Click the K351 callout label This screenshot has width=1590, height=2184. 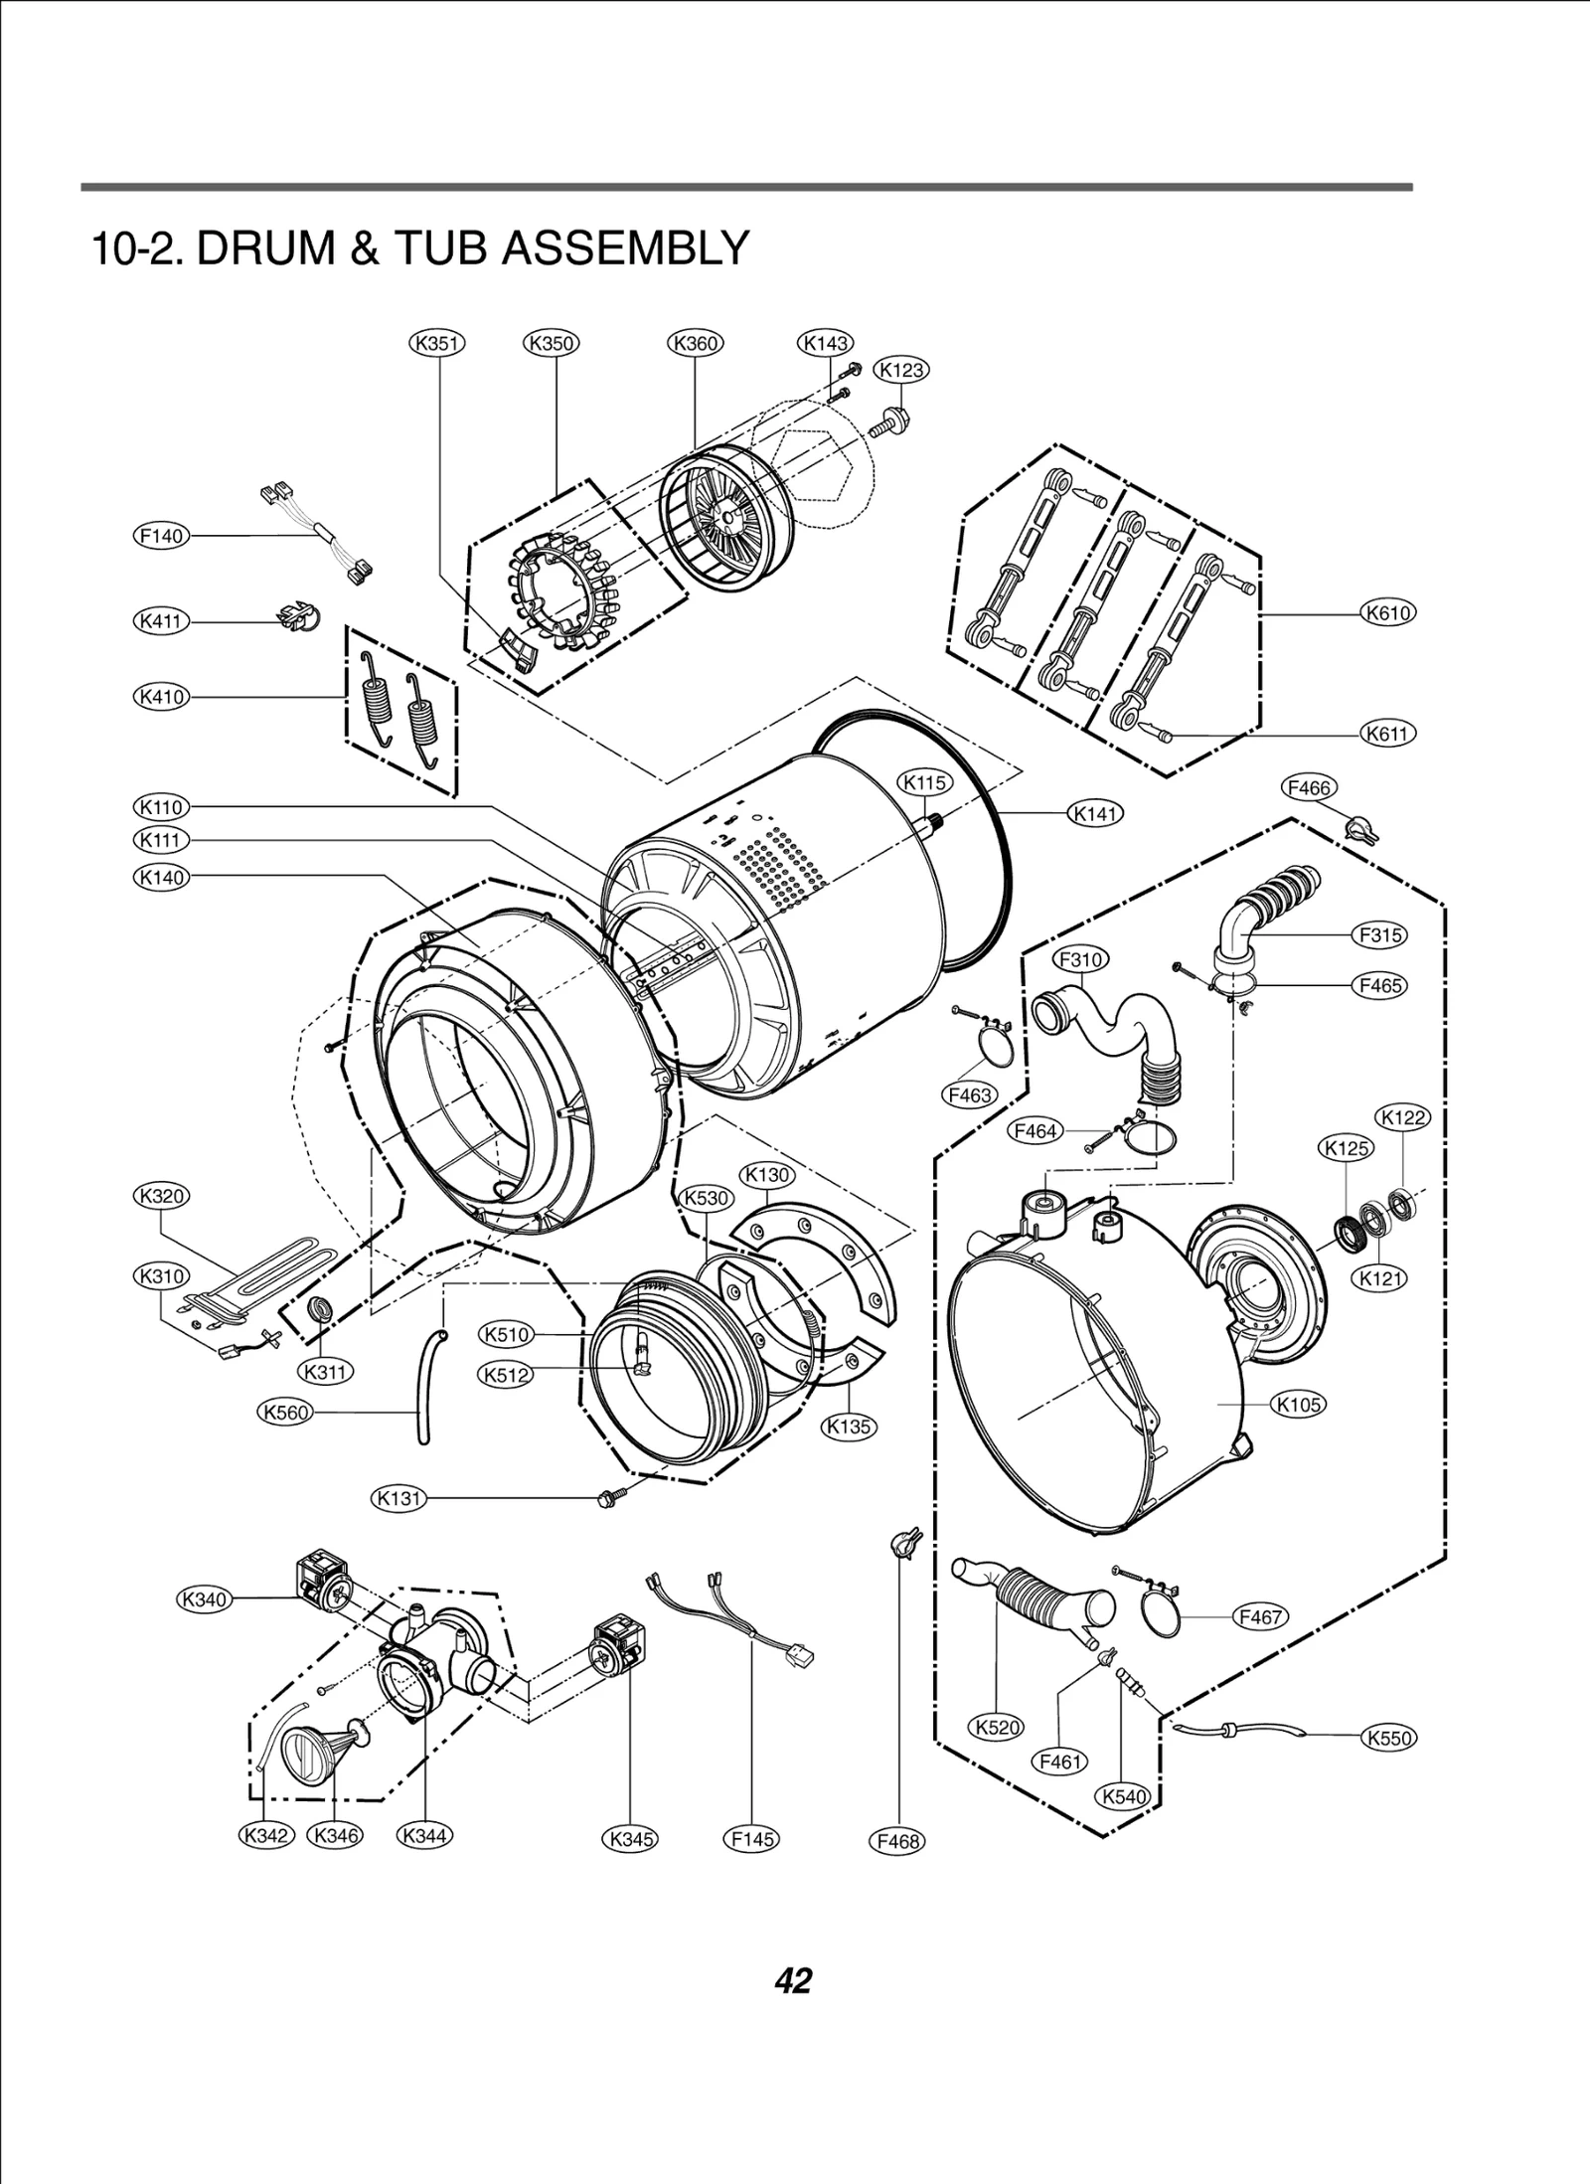437,344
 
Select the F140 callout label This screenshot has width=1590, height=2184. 161,536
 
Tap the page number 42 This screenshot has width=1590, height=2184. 793,1979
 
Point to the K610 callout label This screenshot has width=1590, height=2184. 1387,613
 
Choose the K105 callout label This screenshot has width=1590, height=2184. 1298,1405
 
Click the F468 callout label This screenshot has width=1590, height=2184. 898,1841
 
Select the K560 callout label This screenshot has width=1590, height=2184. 285,1412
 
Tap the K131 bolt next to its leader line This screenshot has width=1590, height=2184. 608,1497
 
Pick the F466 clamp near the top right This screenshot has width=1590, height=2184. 1359,828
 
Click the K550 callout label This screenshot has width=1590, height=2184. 1387,1739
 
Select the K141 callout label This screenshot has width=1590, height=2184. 1095,814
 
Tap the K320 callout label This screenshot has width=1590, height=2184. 161,1196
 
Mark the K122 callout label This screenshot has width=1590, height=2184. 1402,1117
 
